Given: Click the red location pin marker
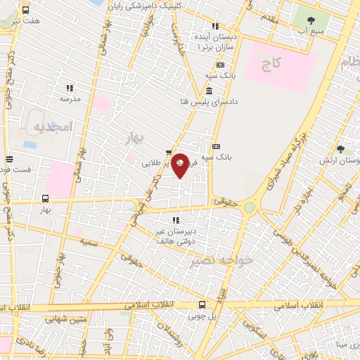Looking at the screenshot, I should pos(181,166).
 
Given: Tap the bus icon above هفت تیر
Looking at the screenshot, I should pos(26,11).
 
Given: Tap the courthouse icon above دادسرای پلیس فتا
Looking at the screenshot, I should pos(209,91).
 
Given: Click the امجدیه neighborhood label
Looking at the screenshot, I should pos(52,127).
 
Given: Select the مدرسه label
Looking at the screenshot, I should pos(70,99).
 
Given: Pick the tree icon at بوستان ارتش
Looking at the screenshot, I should pos(340,149).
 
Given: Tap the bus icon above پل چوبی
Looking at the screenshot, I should pos(202,304).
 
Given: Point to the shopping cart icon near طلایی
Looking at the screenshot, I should pos(169,152).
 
